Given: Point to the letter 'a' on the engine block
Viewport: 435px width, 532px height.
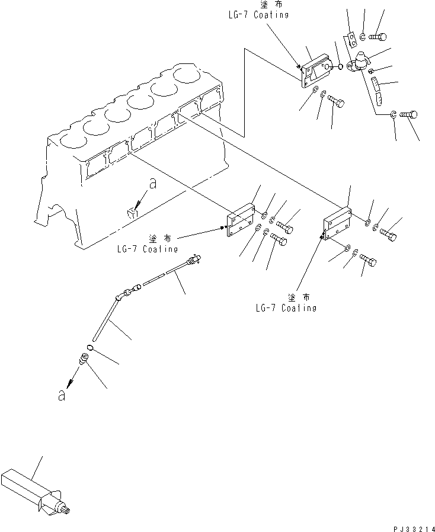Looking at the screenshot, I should coord(153,184).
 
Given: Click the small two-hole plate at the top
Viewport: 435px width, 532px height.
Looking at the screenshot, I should coord(351,38).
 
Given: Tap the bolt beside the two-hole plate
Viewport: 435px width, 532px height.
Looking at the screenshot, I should coord(378,37).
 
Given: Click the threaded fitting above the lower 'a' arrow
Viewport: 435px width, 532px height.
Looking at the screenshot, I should coord(85,359).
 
